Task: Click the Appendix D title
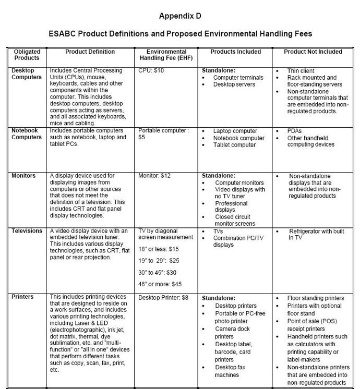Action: [x=180, y=16]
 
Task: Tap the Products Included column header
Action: [x=235, y=52]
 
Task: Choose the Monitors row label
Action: [x=24, y=176]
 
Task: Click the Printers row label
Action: [x=22, y=297]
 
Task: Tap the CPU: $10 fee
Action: [x=152, y=70]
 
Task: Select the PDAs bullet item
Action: [x=295, y=130]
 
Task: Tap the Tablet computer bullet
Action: [x=235, y=145]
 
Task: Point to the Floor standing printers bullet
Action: [x=316, y=298]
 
